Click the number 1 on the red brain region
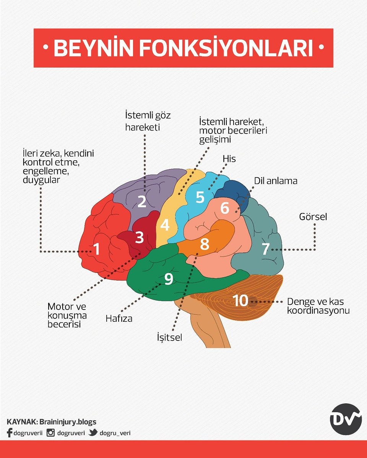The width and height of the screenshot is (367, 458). pyautogui.click(x=97, y=249)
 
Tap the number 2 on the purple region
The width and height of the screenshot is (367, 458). pyautogui.click(x=142, y=201)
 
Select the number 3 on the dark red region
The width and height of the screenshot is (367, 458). pyautogui.click(x=140, y=237)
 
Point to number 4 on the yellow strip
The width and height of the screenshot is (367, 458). pyautogui.click(x=165, y=225)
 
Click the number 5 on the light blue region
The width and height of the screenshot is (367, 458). pyautogui.click(x=200, y=197)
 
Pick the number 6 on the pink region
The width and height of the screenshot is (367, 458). pyautogui.click(x=225, y=208)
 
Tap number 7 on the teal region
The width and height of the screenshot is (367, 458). pyautogui.click(x=265, y=249)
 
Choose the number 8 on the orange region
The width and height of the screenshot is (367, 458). pyautogui.click(x=205, y=244)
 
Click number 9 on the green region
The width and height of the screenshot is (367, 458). pyautogui.click(x=169, y=279)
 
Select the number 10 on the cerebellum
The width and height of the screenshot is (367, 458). pyautogui.click(x=241, y=301)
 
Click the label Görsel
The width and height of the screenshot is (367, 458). pyautogui.click(x=313, y=217)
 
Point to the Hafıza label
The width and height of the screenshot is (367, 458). pyautogui.click(x=119, y=318)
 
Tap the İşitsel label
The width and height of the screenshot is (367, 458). pyautogui.click(x=169, y=337)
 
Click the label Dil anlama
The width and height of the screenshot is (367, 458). pyautogui.click(x=276, y=181)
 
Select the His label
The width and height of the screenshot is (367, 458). pyautogui.click(x=229, y=159)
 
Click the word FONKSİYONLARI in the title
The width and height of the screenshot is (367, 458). pyautogui.click(x=223, y=48)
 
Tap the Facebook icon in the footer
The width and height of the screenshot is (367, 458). pyautogui.click(x=10, y=433)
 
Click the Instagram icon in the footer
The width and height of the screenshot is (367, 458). pyautogui.click(x=50, y=433)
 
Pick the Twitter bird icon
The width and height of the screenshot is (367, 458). pyautogui.click(x=93, y=433)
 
